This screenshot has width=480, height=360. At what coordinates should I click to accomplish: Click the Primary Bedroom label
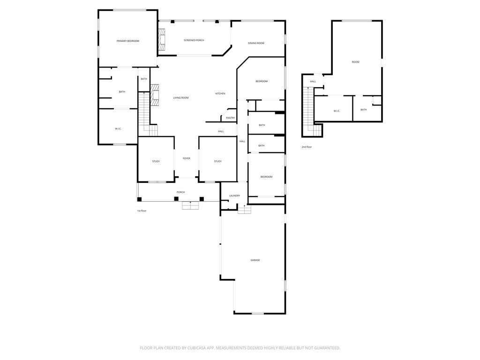tap(127, 41)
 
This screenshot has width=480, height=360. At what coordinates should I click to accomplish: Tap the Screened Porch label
tap(194, 40)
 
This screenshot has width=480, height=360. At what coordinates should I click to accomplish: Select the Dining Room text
tap(256, 43)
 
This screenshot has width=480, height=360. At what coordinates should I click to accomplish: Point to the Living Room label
tap(180, 97)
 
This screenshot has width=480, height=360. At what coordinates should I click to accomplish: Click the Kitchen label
tap(220, 94)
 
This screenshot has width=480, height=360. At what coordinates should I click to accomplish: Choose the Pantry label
tap(230, 118)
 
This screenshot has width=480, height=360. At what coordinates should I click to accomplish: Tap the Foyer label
tap(187, 158)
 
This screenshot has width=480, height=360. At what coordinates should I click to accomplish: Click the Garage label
tap(255, 260)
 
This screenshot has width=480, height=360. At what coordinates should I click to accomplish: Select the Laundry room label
tap(234, 196)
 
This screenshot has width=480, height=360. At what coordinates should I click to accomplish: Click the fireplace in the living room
tap(155, 94)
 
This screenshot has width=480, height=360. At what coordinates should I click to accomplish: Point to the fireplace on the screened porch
tap(162, 40)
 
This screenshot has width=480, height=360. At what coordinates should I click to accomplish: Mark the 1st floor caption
tap(142, 211)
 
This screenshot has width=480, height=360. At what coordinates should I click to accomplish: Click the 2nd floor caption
tap(307, 147)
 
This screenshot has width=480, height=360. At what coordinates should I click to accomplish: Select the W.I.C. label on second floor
tap(337, 111)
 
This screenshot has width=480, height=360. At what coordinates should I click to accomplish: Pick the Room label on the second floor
tap(355, 62)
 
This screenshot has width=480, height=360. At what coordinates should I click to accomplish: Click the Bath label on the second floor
tap(363, 110)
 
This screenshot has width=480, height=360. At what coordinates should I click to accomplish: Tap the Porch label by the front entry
tap(180, 192)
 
